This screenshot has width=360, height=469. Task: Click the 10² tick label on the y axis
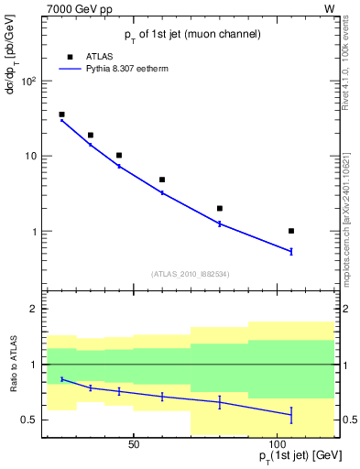27,81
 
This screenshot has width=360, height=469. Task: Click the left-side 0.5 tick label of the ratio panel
29,420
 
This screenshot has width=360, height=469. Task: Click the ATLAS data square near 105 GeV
291,231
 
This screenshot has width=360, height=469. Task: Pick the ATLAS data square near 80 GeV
220,208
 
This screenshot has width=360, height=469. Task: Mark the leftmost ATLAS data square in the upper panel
61,115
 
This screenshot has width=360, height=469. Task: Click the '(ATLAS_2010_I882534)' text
190,273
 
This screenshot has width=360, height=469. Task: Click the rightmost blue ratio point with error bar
291,415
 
